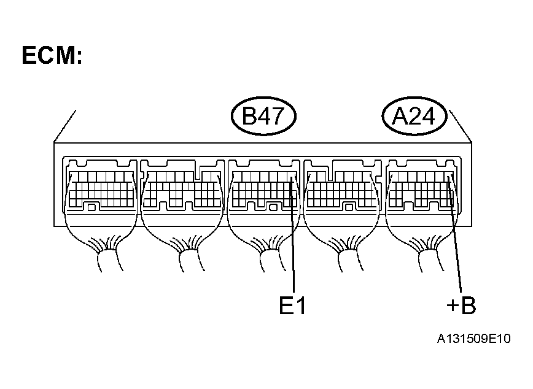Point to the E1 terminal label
tap(292, 306)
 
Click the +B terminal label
tap(461, 306)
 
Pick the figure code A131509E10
tap(473, 339)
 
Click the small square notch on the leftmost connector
tap(91, 207)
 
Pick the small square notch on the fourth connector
tap(349, 207)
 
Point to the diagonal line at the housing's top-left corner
tap(65, 126)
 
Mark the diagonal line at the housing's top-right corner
tap(460, 126)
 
